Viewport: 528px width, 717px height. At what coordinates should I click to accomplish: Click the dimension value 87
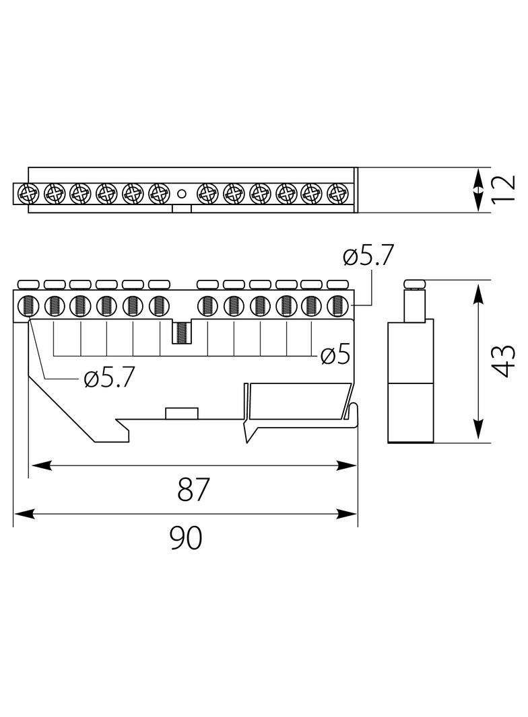click(193, 489)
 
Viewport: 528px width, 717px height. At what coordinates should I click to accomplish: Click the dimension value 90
click(185, 538)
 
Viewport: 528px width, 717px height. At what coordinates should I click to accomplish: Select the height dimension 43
click(505, 361)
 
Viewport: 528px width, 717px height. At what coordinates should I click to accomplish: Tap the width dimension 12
click(505, 188)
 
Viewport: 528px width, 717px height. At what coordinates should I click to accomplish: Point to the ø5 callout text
click(335, 355)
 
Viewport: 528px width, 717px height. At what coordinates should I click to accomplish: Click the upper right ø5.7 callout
click(368, 256)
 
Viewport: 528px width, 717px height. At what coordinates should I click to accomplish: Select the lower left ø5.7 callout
click(109, 378)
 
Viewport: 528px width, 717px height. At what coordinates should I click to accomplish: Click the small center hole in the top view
click(182, 194)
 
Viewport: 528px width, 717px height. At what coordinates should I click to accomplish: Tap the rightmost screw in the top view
click(337, 194)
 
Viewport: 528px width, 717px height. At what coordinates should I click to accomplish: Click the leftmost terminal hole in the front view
click(28, 306)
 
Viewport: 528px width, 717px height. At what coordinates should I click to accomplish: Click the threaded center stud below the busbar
click(182, 333)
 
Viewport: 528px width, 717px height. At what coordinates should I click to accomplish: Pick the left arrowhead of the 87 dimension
click(40, 465)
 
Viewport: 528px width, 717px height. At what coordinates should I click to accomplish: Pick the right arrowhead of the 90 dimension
click(347, 514)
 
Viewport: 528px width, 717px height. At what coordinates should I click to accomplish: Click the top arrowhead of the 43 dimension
click(478, 293)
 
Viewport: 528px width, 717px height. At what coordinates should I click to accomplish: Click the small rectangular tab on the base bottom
click(181, 413)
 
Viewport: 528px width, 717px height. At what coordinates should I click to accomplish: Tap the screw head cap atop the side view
click(415, 284)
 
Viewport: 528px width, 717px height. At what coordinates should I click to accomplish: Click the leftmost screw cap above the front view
click(28, 285)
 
